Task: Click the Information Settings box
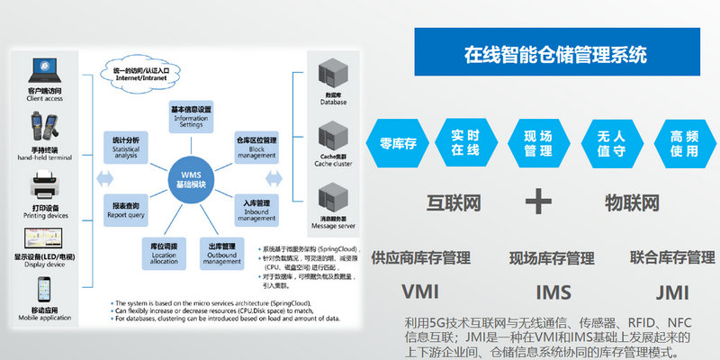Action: [191, 117]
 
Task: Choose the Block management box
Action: [256, 145]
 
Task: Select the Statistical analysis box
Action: [126, 147]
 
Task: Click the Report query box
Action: [126, 209]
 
